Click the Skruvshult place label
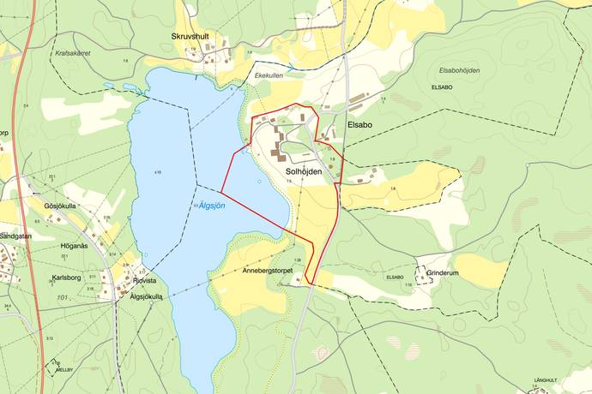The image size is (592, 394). [x=190, y=36]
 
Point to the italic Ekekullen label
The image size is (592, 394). [x=269, y=76]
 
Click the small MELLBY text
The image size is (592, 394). [x=62, y=369]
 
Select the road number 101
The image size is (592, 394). [x=61, y=298]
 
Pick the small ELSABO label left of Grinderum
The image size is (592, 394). [x=395, y=277]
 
